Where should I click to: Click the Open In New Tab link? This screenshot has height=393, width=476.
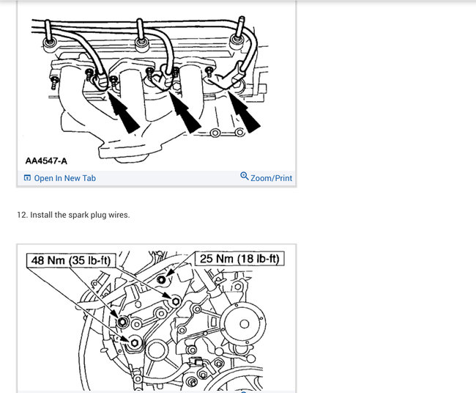pos(64,178)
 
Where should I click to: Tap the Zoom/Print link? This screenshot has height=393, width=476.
pos(271,178)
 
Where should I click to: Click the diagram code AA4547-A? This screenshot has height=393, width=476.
pos(46,161)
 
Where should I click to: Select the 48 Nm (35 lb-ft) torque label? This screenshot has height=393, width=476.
pos(71,260)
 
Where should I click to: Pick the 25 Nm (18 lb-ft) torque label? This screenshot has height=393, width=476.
pos(239,259)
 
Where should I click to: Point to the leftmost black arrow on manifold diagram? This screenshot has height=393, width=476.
pos(123,111)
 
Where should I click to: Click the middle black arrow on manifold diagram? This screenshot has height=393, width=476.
pos(185,112)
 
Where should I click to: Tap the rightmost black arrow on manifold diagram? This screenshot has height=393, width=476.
pos(244,112)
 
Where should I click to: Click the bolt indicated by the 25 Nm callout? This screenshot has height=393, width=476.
pos(162,279)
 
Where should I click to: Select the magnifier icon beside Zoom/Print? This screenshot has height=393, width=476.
pos(245,176)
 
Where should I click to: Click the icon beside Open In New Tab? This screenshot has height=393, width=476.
pos(27,178)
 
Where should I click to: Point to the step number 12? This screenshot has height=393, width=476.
pos(23,215)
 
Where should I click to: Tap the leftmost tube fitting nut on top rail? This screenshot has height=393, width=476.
pos(49,43)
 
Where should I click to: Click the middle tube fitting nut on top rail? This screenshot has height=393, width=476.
pos(141,43)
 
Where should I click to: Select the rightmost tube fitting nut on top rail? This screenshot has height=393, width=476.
pos(237,40)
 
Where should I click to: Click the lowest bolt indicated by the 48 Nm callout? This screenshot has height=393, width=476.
pos(135,343)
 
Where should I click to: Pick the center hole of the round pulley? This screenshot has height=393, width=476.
pos(245,324)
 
